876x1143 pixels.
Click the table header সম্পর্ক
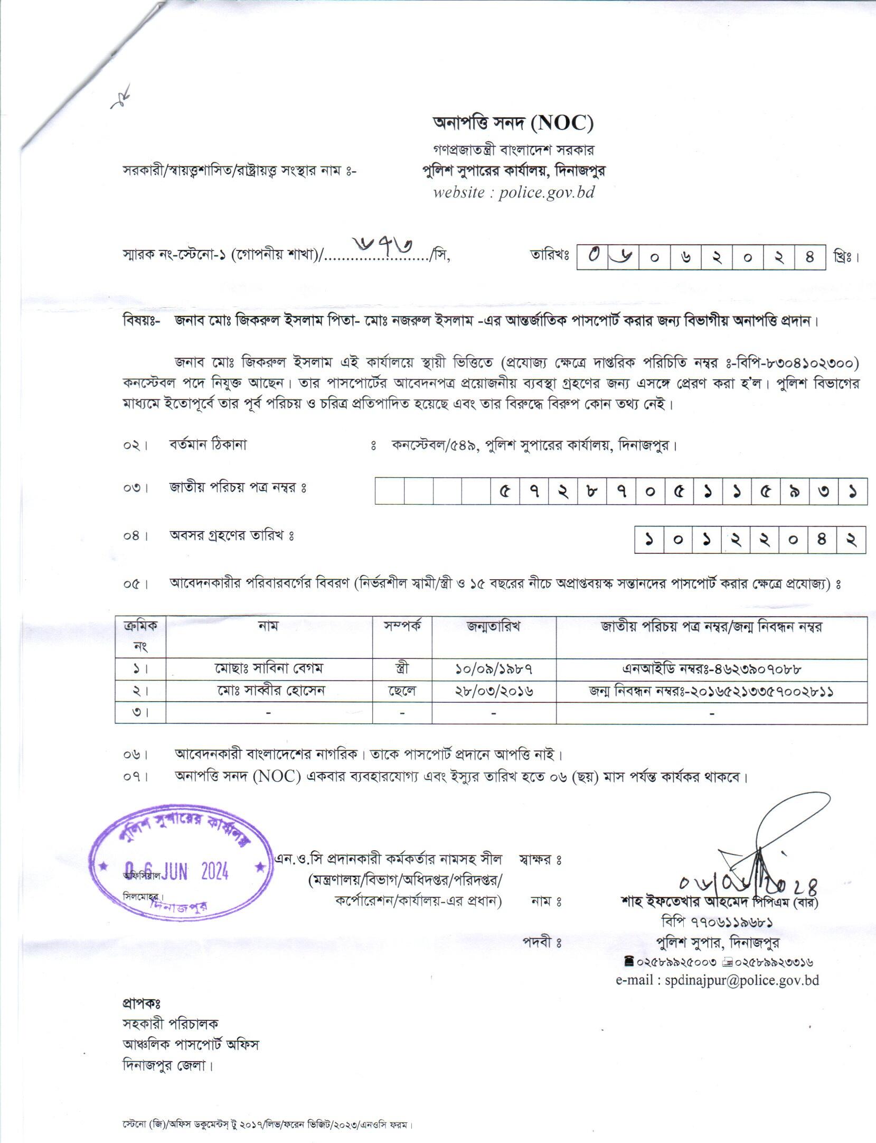click(402, 627)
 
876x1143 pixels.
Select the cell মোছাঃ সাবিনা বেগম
click(269, 668)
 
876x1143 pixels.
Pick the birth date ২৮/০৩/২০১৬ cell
click(494, 691)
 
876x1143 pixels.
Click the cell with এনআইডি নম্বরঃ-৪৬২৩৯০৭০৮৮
click(711, 668)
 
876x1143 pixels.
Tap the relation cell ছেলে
click(402, 691)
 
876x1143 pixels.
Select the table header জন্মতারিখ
click(494, 627)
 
